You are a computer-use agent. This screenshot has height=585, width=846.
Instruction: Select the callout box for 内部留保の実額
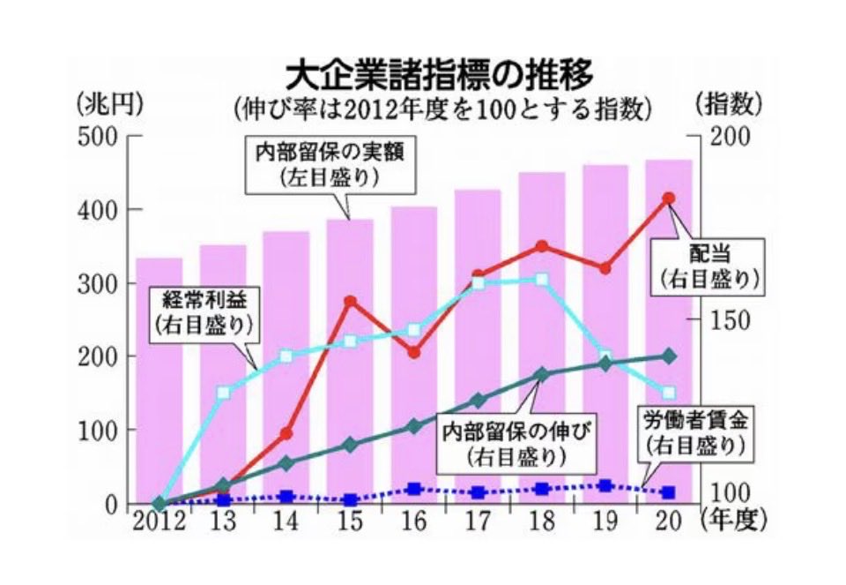click(330, 163)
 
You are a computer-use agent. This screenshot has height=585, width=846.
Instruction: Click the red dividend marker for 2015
click(350, 302)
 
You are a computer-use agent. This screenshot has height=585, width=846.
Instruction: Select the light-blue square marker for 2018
click(541, 280)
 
